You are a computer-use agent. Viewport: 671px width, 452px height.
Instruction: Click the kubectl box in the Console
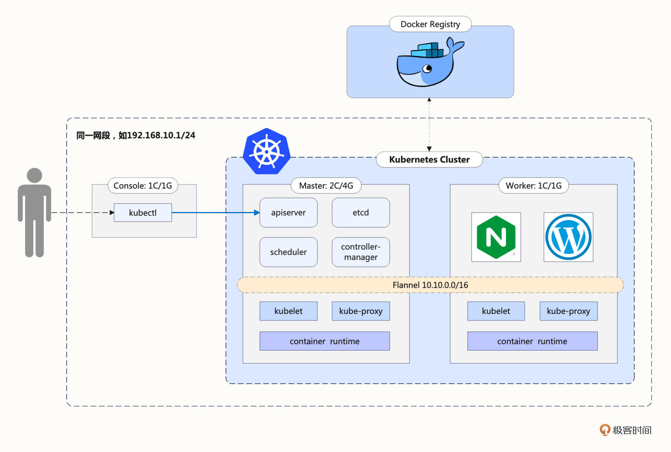point(143,212)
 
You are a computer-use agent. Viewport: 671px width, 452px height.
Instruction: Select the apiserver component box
point(288,212)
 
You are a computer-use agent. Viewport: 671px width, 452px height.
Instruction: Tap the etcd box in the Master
point(361,212)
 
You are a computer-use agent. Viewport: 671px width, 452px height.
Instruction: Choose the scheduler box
point(288,252)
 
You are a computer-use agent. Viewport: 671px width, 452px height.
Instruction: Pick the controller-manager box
point(361,252)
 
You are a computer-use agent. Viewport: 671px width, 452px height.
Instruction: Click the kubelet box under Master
point(288,311)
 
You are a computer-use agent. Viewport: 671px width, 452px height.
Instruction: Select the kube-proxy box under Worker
point(568,311)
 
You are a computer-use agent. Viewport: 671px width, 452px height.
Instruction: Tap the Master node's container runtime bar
point(324,341)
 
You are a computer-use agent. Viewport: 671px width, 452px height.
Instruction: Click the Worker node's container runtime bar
point(532,341)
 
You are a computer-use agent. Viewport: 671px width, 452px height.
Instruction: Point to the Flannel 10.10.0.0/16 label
point(430,285)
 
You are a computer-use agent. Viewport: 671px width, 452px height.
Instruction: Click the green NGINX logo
point(496,237)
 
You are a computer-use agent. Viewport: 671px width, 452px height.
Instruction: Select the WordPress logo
point(568,237)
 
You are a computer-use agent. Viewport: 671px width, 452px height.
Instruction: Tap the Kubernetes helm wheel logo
point(267,152)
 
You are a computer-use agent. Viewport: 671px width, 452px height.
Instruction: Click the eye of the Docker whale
point(427,68)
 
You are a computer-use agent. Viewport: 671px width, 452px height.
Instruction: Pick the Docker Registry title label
point(430,24)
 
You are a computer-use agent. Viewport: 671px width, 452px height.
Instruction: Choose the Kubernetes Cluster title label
point(429,160)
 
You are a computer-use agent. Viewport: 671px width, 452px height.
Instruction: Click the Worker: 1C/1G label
point(533,185)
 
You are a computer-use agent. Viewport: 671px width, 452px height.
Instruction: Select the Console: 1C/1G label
point(143,185)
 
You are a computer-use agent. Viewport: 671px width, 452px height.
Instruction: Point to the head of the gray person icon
point(34,175)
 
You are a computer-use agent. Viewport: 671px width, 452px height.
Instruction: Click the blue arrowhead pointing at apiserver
point(257,212)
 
